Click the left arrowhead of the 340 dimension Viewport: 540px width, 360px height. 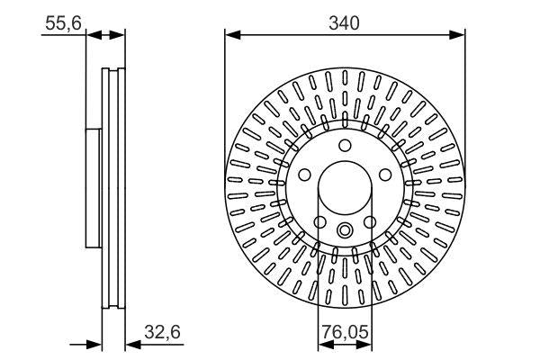(x=231, y=35)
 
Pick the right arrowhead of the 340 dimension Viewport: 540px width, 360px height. (x=459, y=35)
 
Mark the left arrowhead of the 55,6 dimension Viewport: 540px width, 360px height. (x=93, y=35)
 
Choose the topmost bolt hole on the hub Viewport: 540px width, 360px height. (x=345, y=148)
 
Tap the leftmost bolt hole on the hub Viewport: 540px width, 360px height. (x=304, y=175)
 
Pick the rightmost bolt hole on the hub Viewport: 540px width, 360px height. (x=385, y=175)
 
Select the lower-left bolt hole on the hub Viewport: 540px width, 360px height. (x=320, y=222)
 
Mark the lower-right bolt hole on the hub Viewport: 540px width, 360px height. (x=369, y=222)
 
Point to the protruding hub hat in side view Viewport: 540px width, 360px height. (x=92, y=188)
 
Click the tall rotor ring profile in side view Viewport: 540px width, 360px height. (x=113, y=188)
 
